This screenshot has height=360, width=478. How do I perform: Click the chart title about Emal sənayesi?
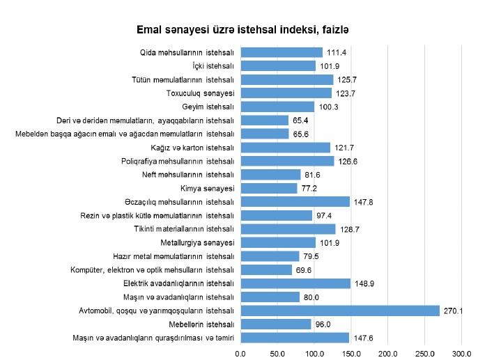pos(242,31)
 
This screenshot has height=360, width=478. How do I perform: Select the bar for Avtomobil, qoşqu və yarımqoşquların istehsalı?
pos(340,311)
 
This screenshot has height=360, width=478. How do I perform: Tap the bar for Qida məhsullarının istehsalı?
pos(282,52)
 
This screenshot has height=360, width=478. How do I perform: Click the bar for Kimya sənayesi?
pos(270,188)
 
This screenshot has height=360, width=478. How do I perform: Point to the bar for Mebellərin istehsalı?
pos(276,324)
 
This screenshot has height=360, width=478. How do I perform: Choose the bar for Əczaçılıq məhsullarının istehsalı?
pos(295,202)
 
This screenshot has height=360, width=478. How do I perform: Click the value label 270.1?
pos(453,311)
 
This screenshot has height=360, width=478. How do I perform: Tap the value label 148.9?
pos(364,283)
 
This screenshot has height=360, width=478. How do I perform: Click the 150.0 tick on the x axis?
pos(351,353)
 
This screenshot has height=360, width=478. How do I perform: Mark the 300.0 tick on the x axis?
pos(461,353)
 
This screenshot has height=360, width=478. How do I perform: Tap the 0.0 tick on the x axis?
pos(241,353)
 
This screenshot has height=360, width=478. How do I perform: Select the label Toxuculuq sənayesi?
pos(200,93)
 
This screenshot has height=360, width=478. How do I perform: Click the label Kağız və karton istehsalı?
pos(192,148)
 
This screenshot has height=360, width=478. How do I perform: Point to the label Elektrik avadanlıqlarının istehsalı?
pos(179,283)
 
